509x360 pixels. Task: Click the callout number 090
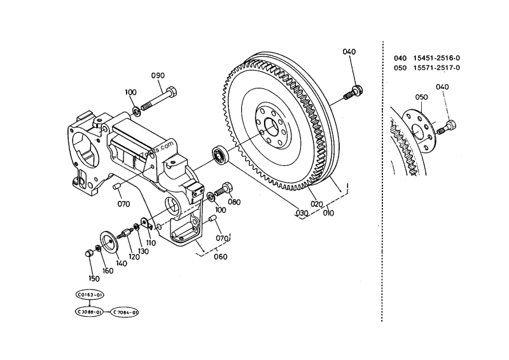click(x=158, y=76)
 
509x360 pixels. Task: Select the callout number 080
click(x=234, y=202)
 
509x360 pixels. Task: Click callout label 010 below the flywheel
click(x=328, y=213)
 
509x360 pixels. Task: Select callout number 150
click(x=94, y=277)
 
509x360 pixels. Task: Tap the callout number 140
click(x=121, y=262)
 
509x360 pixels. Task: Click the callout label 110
click(x=150, y=242)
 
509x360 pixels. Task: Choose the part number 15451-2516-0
click(x=436, y=58)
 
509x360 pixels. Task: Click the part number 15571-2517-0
click(x=436, y=67)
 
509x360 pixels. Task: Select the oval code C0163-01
click(x=90, y=295)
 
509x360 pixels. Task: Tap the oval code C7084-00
click(x=125, y=312)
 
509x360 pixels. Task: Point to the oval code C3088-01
click(x=90, y=312)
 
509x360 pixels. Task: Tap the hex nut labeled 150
click(x=89, y=254)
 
